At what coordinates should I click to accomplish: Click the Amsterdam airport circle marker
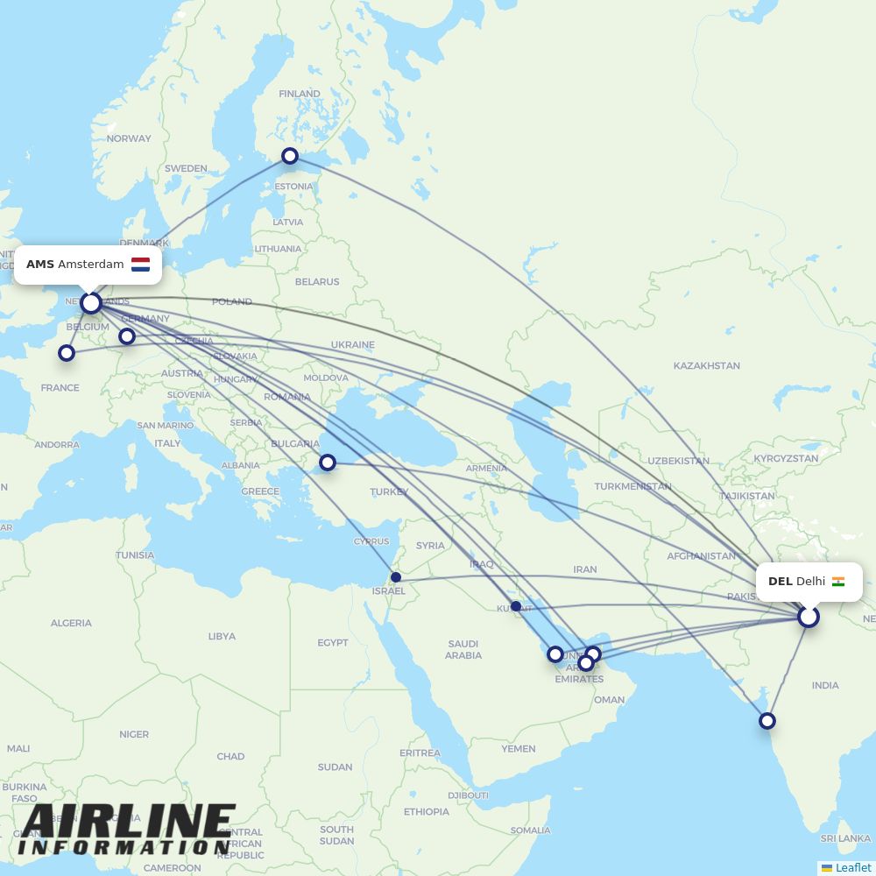pyautogui.click(x=91, y=303)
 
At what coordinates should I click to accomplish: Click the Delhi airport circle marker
pyautogui.click(x=809, y=617)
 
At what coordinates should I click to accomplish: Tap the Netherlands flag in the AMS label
pyautogui.click(x=140, y=265)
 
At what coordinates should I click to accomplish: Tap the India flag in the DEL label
pyautogui.click(x=838, y=582)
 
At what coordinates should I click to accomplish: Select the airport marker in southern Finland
pyautogui.click(x=290, y=156)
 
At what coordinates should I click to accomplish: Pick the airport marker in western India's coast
pyautogui.click(x=767, y=721)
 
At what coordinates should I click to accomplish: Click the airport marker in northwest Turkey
pyautogui.click(x=328, y=463)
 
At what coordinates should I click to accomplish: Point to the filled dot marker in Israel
pyautogui.click(x=396, y=577)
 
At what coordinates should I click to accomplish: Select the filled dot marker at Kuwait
pyautogui.click(x=516, y=606)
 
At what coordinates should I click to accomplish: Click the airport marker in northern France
pyautogui.click(x=67, y=353)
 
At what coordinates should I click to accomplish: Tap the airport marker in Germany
pyautogui.click(x=127, y=336)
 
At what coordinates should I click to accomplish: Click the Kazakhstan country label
pyautogui.click(x=706, y=365)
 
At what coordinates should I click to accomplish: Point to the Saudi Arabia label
pyautogui.click(x=463, y=649)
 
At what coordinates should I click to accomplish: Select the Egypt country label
pyautogui.click(x=333, y=643)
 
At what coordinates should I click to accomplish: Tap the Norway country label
pyautogui.click(x=129, y=138)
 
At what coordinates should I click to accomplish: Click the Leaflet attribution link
pyautogui.click(x=853, y=867)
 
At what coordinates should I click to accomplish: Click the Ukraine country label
pyautogui.click(x=353, y=345)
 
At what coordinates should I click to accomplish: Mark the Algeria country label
pyautogui.click(x=71, y=623)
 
